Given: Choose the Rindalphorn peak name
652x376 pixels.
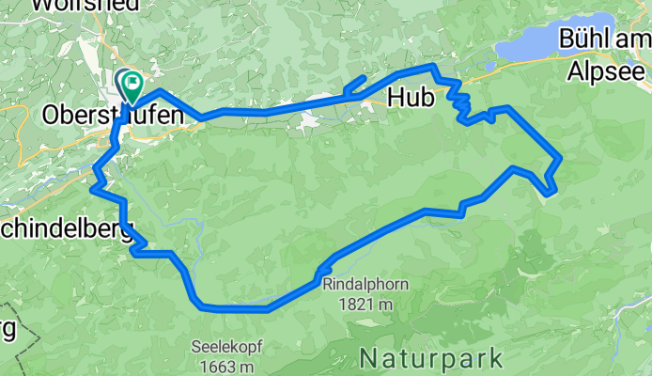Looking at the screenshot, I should click(356, 284).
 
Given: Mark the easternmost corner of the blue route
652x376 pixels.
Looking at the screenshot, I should click(561, 158).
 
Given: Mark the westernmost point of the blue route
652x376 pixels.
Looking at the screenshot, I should click(92, 189).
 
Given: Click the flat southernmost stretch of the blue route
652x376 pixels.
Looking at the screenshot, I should click(235, 307).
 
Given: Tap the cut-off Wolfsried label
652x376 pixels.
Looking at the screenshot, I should click(85, 5).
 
